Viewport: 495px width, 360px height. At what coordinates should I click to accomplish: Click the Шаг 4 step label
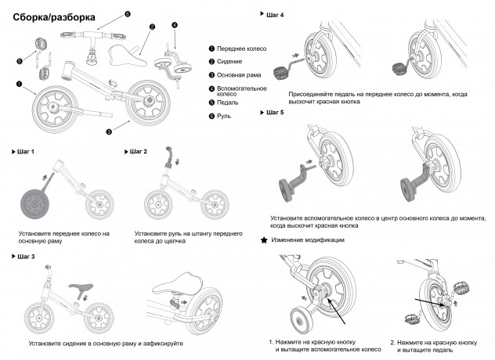click(276, 15)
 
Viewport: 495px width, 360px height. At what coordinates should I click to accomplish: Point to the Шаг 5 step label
click(276, 113)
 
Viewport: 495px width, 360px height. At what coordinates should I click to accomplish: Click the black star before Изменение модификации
click(264, 239)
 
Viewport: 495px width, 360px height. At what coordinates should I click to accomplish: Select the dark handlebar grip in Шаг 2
click(170, 160)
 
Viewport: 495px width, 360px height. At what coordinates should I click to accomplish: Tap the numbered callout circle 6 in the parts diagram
click(128, 14)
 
